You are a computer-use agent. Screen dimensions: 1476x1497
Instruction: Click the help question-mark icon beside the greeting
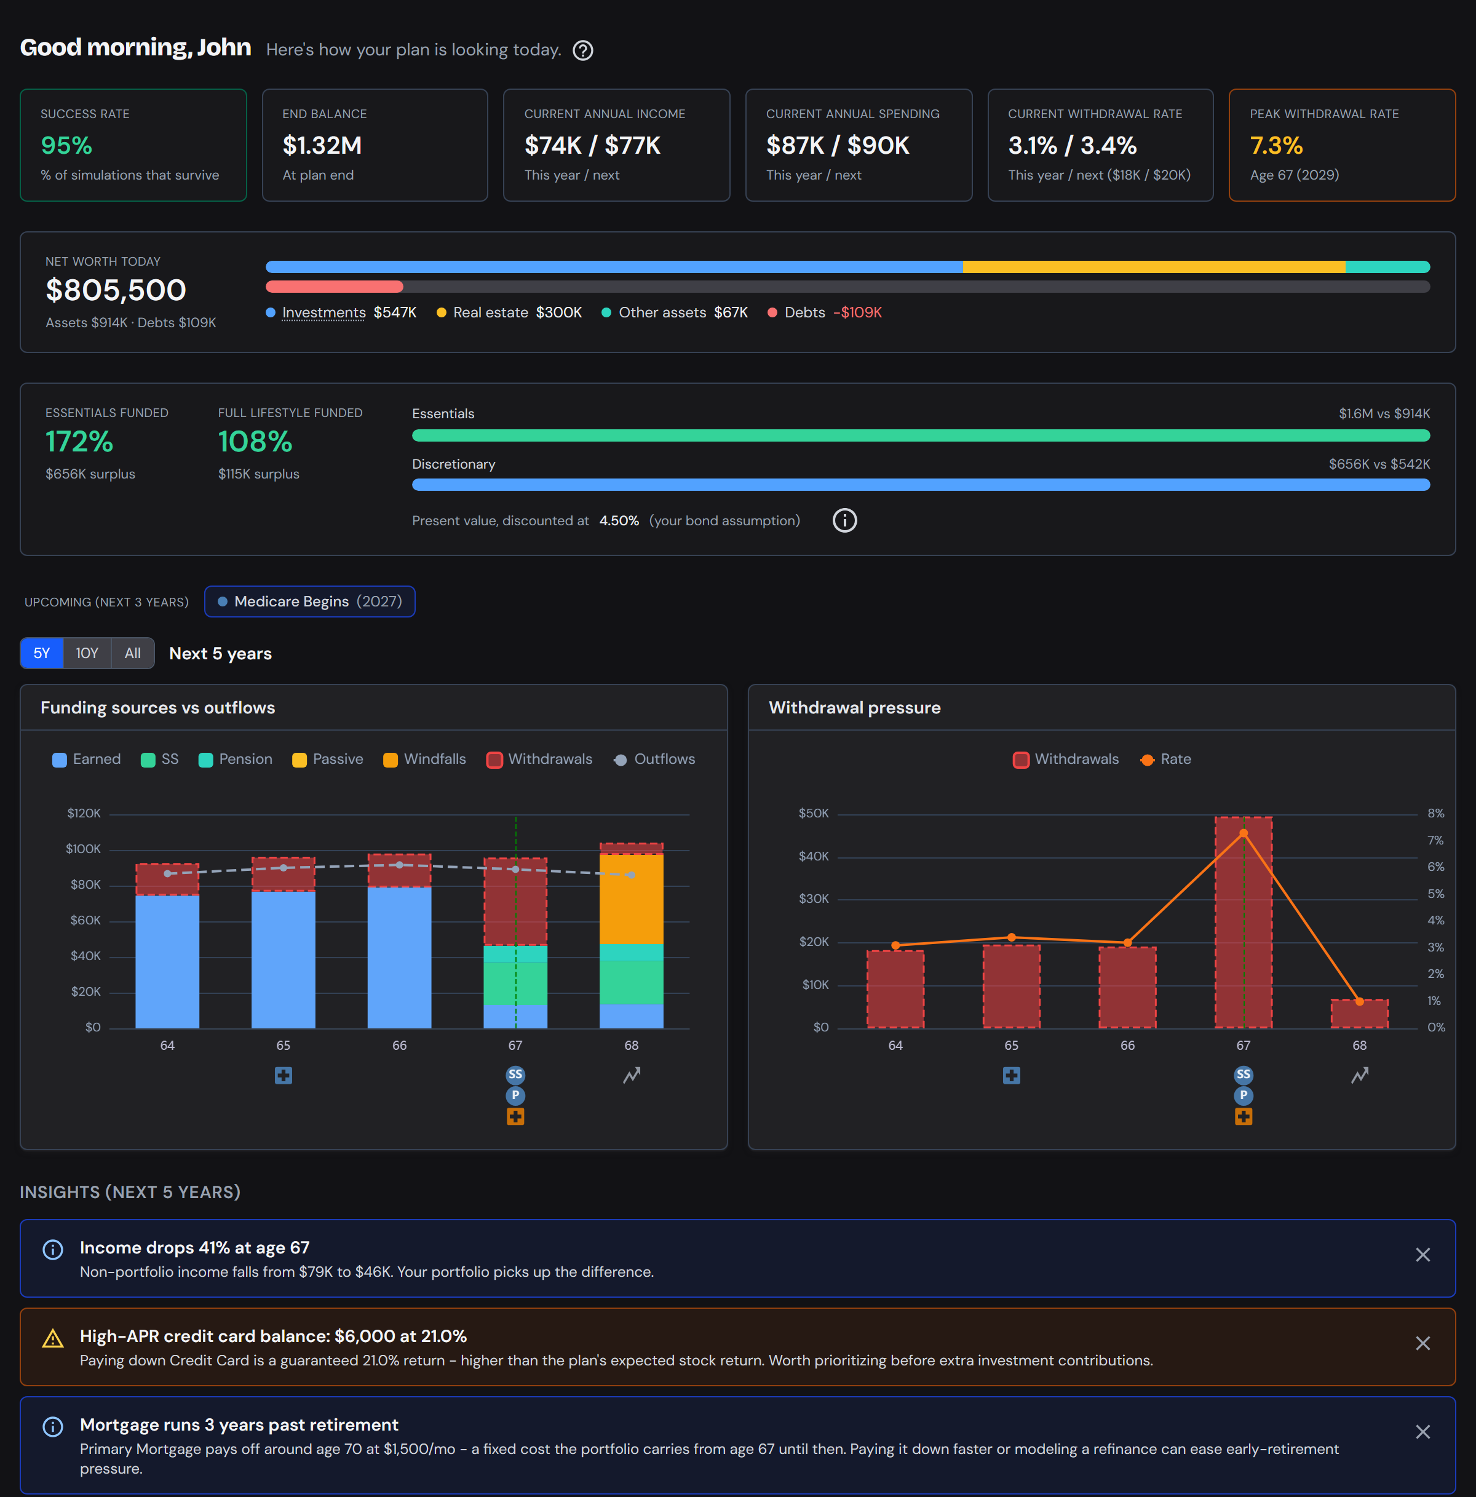point(582,50)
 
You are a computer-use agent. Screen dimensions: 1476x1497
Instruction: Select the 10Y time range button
point(87,653)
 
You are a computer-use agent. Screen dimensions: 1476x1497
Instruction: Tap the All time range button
point(132,653)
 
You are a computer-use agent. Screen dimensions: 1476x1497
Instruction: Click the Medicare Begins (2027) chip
point(310,602)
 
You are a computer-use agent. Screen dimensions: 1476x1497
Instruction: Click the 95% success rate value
point(66,145)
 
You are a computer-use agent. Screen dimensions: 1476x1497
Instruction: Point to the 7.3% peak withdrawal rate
point(1276,145)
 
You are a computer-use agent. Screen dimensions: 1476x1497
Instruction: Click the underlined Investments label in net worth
point(324,312)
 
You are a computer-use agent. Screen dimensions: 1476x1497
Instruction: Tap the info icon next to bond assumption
point(844,521)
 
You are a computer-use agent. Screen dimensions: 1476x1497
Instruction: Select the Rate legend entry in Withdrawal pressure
point(1166,760)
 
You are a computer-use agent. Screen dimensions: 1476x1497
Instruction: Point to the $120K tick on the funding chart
point(84,814)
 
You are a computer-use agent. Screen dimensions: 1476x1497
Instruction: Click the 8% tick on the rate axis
point(1435,814)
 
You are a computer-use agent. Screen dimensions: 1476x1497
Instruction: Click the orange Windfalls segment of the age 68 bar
point(632,899)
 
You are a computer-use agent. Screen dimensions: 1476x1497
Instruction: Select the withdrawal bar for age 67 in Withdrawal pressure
point(1244,922)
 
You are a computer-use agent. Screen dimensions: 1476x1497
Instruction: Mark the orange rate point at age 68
point(1360,1002)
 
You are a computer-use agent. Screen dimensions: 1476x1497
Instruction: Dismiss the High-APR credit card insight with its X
point(1422,1344)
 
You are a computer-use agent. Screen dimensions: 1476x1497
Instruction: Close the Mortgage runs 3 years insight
point(1422,1432)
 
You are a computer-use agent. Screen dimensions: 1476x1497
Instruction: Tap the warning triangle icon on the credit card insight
point(53,1339)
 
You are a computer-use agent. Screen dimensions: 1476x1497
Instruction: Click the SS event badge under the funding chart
point(515,1074)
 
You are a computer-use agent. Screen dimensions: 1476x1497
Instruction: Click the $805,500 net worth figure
point(116,290)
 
